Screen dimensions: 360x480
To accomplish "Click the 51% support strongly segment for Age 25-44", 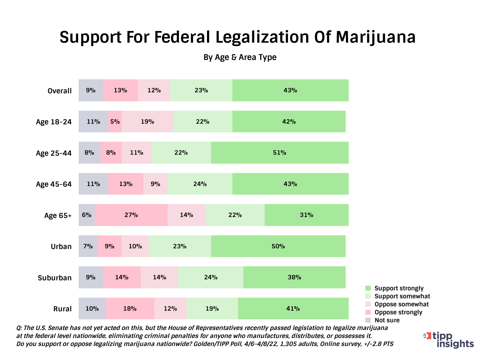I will point(280,153).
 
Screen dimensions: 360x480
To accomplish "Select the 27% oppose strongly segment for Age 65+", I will point(131,215).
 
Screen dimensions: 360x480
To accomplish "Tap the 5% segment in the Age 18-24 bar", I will point(115,122).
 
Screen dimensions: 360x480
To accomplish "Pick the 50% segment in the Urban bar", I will point(278,246).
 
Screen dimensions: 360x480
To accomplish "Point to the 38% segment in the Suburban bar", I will point(294,277).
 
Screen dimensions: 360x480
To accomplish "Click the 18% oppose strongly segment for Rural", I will point(130,309).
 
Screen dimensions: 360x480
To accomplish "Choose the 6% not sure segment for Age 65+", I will point(87,215).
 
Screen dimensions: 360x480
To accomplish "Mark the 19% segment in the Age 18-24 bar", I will point(147,122).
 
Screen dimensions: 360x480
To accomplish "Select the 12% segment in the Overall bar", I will point(154,90).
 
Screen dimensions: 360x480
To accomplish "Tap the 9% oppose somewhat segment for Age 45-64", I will point(155,184).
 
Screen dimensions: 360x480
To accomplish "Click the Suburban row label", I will point(55,278).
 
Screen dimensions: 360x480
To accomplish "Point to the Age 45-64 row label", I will point(54,184).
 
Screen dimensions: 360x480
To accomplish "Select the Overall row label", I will point(60,91).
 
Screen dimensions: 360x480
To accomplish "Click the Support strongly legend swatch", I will point(368,288).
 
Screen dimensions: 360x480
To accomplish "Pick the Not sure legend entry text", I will point(387,320).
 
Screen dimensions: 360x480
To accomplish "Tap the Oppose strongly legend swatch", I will point(368,312).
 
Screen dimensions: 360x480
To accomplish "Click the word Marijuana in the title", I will point(376,37).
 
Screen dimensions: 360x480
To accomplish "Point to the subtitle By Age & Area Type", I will point(240,57).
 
